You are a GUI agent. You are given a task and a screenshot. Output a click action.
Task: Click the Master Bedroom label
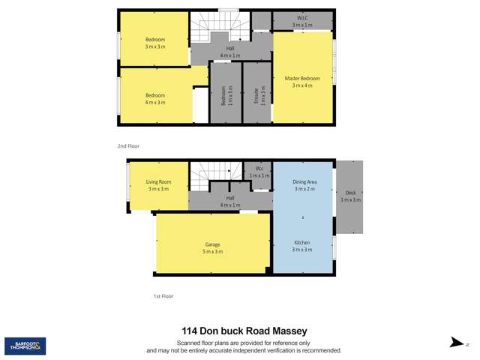click(302, 82)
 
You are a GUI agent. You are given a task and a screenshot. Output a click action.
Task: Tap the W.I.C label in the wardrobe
click(302, 21)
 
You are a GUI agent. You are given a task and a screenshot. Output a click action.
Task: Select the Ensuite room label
click(257, 95)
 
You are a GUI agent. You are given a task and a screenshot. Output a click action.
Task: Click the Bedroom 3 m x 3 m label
click(155, 43)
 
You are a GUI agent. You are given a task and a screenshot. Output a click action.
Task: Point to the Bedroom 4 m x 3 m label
click(155, 98)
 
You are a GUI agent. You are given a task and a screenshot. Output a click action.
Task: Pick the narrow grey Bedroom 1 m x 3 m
click(226, 95)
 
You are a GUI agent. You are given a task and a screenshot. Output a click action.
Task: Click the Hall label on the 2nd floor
click(230, 52)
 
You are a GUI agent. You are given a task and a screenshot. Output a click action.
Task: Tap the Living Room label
click(158, 185)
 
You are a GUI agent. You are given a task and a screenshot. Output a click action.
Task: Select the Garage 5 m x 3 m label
click(212, 247)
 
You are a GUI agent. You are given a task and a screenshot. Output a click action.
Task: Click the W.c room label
click(259, 172)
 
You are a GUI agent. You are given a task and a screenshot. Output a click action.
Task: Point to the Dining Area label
click(304, 185)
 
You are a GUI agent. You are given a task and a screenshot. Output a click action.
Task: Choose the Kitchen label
click(302, 245)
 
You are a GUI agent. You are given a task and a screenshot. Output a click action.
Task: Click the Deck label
click(350, 196)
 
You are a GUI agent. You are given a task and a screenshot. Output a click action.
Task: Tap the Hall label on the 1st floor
click(230, 202)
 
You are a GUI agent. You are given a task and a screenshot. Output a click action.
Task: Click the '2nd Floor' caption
click(128, 146)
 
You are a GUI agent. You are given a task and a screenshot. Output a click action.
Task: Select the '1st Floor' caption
click(163, 296)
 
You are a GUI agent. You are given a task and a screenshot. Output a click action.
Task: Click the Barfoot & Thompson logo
click(25, 346)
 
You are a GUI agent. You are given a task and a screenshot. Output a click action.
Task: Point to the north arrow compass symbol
click(457, 343)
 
